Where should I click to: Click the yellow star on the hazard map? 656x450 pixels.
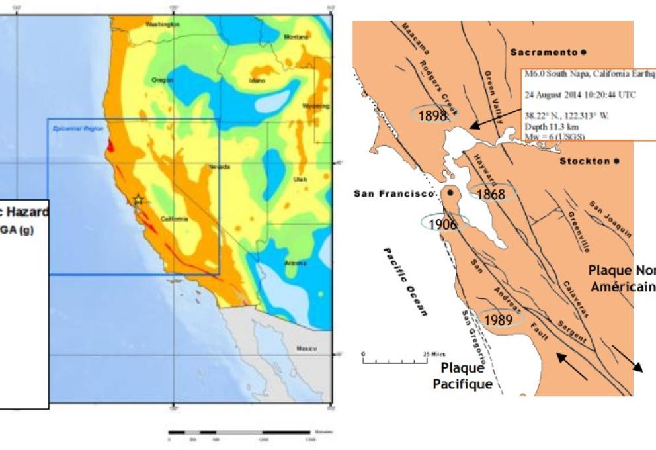[x=138, y=199]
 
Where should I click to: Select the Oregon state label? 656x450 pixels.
[x=162, y=80]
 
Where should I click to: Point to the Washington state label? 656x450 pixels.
[x=163, y=24]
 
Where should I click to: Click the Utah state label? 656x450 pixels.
[x=301, y=179]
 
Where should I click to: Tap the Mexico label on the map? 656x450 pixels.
[x=307, y=347]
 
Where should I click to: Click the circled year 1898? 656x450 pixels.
[x=433, y=115]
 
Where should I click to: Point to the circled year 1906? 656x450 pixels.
[x=443, y=224]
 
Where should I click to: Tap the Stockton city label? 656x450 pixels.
[x=585, y=161]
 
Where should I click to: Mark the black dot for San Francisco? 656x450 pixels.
[x=450, y=193]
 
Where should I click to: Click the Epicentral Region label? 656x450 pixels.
[x=69, y=127]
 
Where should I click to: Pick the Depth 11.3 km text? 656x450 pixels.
[x=547, y=125]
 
